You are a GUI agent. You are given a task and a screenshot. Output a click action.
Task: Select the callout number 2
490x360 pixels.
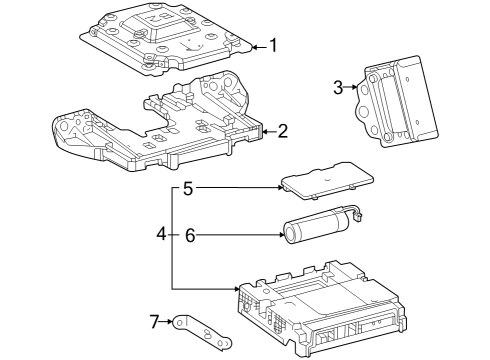tap(283, 130)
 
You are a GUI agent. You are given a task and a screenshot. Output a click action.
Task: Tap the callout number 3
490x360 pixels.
tap(340, 87)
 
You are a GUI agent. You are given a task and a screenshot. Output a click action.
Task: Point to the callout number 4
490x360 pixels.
tap(161, 235)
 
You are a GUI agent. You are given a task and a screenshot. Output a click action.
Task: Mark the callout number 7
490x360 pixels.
tap(154, 321)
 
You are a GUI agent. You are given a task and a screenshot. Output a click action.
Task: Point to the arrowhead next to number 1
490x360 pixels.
tap(255, 45)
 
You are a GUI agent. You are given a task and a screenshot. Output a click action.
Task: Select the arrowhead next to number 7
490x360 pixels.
tap(171, 321)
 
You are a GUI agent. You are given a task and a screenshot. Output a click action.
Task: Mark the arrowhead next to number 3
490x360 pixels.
tap(357, 87)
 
